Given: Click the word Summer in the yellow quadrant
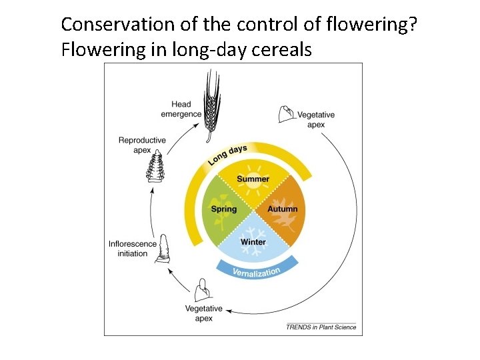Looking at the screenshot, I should [253, 179].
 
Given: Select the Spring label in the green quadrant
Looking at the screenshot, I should [224, 209].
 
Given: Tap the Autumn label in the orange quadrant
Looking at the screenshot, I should [283, 209].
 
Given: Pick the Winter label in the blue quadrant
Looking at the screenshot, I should [253, 241].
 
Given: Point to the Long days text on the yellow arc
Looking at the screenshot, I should [227, 155].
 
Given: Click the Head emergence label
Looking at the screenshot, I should [181, 109].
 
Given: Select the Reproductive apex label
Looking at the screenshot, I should [142, 145].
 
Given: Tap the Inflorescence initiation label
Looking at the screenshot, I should [133, 249].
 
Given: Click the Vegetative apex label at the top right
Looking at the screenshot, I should [316, 120].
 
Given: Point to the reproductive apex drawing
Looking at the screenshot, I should [156, 167].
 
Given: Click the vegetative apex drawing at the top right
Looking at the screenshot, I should [286, 114].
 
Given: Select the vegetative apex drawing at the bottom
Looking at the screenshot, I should [203, 291].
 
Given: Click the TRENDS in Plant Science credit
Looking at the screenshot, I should [321, 327].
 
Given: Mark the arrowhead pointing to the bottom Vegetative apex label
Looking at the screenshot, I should [229, 309].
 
